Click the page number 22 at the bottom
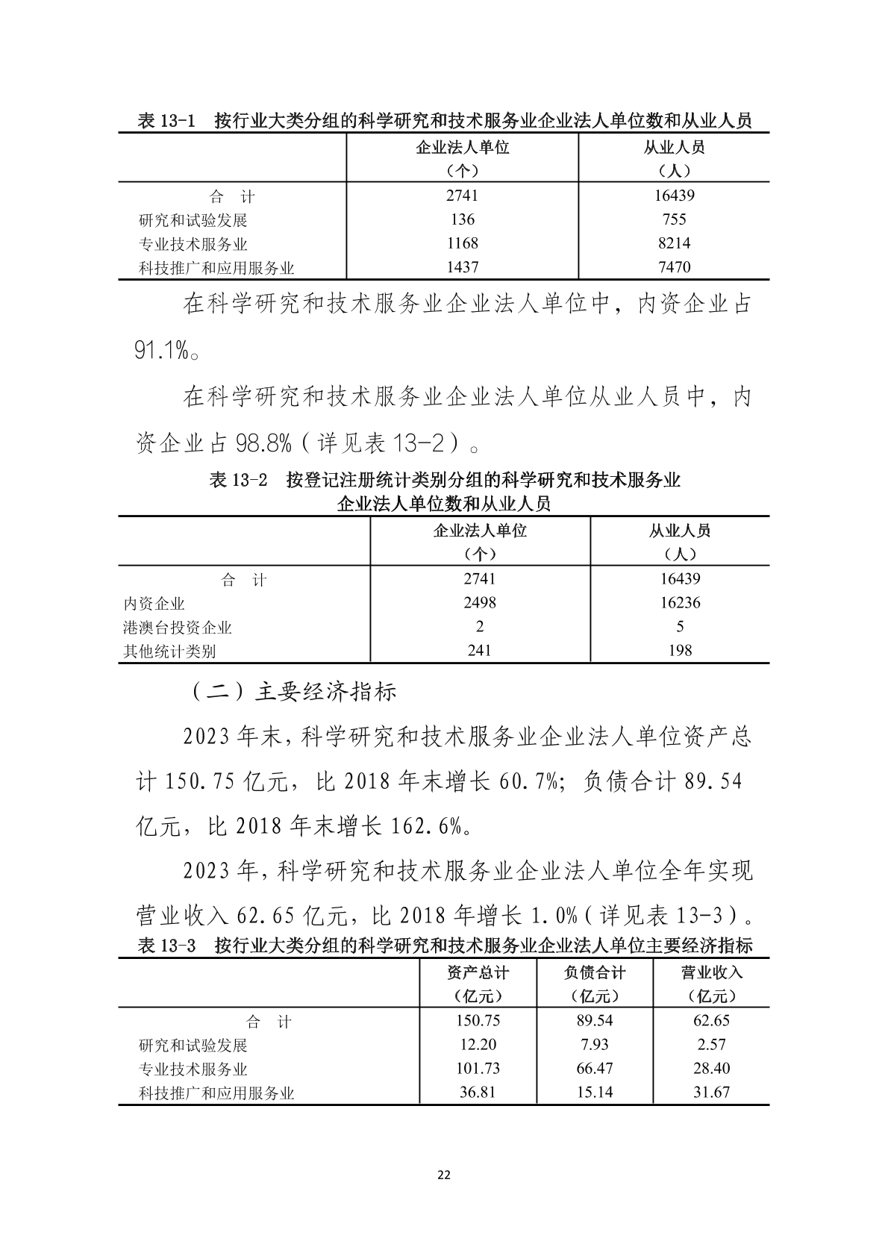[443, 1175]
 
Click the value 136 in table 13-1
[463, 219]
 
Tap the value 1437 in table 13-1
[463, 267]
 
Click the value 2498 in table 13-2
[479, 602]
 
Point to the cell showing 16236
[680, 602]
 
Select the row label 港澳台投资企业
[178, 628]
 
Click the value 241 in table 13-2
[479, 651]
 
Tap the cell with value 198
[680, 651]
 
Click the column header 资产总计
[478, 972]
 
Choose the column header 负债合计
[595, 972]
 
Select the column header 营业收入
[711, 972]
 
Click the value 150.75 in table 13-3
[478, 1021]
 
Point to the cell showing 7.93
[595, 1045]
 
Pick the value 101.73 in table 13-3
[478, 1069]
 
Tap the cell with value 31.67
[711, 1093]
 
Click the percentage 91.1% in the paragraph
[161, 350]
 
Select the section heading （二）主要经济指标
[291, 692]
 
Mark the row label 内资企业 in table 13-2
[154, 604]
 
